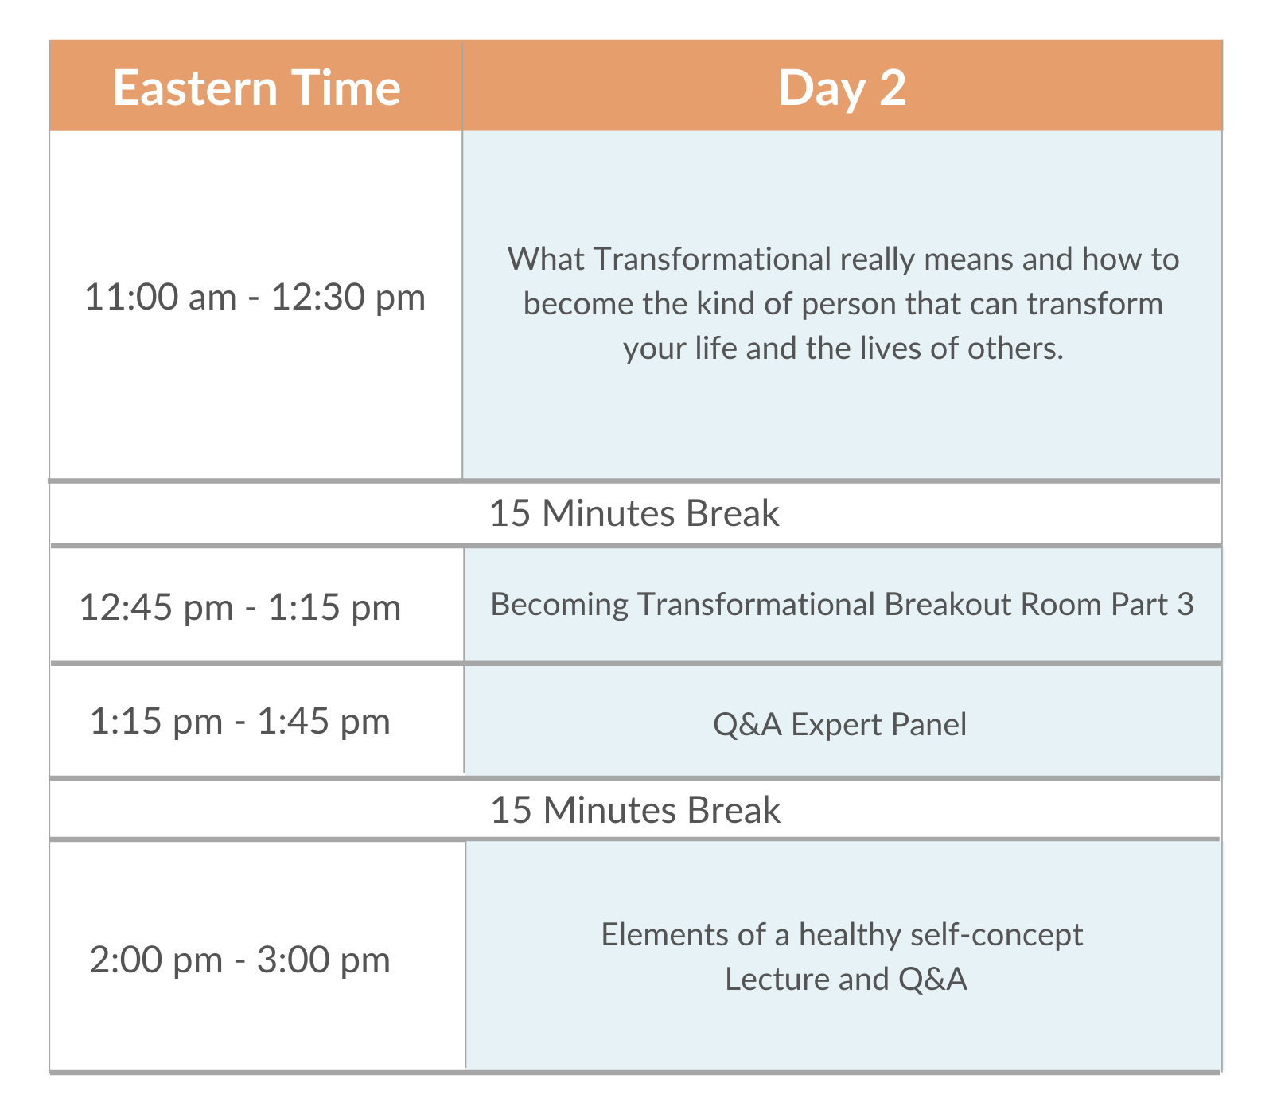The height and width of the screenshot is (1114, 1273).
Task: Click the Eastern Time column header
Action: point(256,87)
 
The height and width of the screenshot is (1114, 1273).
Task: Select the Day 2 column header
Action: point(842,87)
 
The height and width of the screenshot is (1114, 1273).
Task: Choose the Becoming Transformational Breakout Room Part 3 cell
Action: point(843,605)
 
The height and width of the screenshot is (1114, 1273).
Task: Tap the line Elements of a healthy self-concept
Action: point(842,934)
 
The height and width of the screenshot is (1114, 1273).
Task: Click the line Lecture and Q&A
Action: point(846,979)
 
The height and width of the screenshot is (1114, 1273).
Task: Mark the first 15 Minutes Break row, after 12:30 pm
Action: point(634,513)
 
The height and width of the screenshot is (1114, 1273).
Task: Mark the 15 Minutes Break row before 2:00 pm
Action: point(635,810)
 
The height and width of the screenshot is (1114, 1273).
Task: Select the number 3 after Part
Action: point(1185,605)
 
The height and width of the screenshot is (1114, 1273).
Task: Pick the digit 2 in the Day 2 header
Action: point(893,88)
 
